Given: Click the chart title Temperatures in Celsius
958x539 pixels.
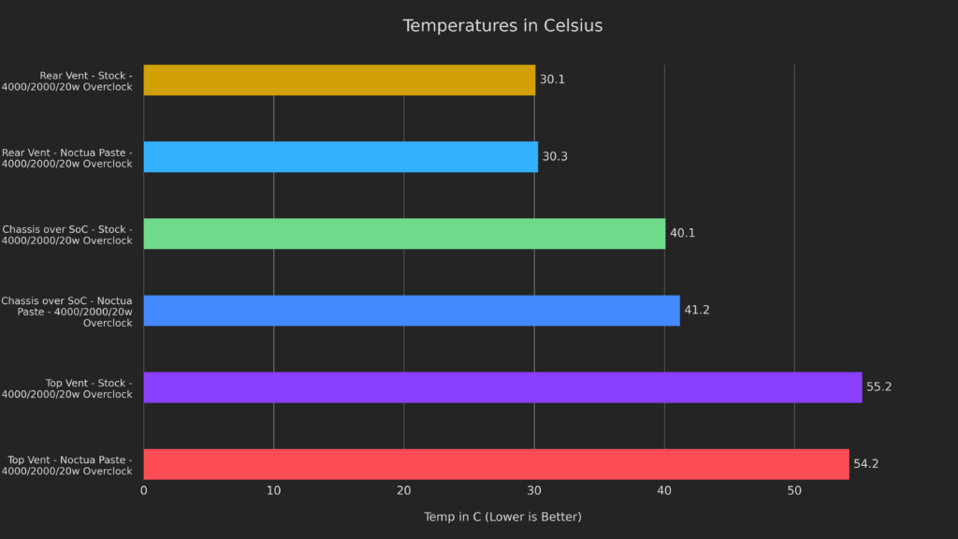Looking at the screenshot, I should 502,26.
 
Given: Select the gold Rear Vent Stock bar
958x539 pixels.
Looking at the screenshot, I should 339,80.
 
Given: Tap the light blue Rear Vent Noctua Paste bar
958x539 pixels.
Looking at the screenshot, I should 341,157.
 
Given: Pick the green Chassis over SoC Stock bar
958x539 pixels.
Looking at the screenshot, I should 404,234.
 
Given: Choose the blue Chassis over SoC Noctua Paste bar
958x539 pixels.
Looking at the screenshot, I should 412,311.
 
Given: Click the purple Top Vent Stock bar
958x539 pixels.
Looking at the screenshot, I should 502,387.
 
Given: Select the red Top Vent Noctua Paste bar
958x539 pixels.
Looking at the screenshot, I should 496,464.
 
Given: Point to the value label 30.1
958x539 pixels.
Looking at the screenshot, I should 552,80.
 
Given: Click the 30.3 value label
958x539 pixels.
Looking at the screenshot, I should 555,157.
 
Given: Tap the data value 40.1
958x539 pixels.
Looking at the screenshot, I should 682,234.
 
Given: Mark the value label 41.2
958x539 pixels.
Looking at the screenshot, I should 697,311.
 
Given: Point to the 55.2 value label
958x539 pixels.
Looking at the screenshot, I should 879,387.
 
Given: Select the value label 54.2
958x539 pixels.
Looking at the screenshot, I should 866,464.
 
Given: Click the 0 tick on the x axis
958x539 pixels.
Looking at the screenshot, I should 143,491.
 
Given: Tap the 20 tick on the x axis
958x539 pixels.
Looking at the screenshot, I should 404,491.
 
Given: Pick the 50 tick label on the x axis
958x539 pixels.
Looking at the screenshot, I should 794,491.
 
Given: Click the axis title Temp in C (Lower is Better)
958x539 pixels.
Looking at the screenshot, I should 502,517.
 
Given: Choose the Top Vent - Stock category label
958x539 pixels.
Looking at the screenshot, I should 79,388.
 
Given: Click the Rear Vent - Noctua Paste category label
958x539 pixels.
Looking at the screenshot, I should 67,158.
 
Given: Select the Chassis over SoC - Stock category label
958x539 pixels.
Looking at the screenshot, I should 67,235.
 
